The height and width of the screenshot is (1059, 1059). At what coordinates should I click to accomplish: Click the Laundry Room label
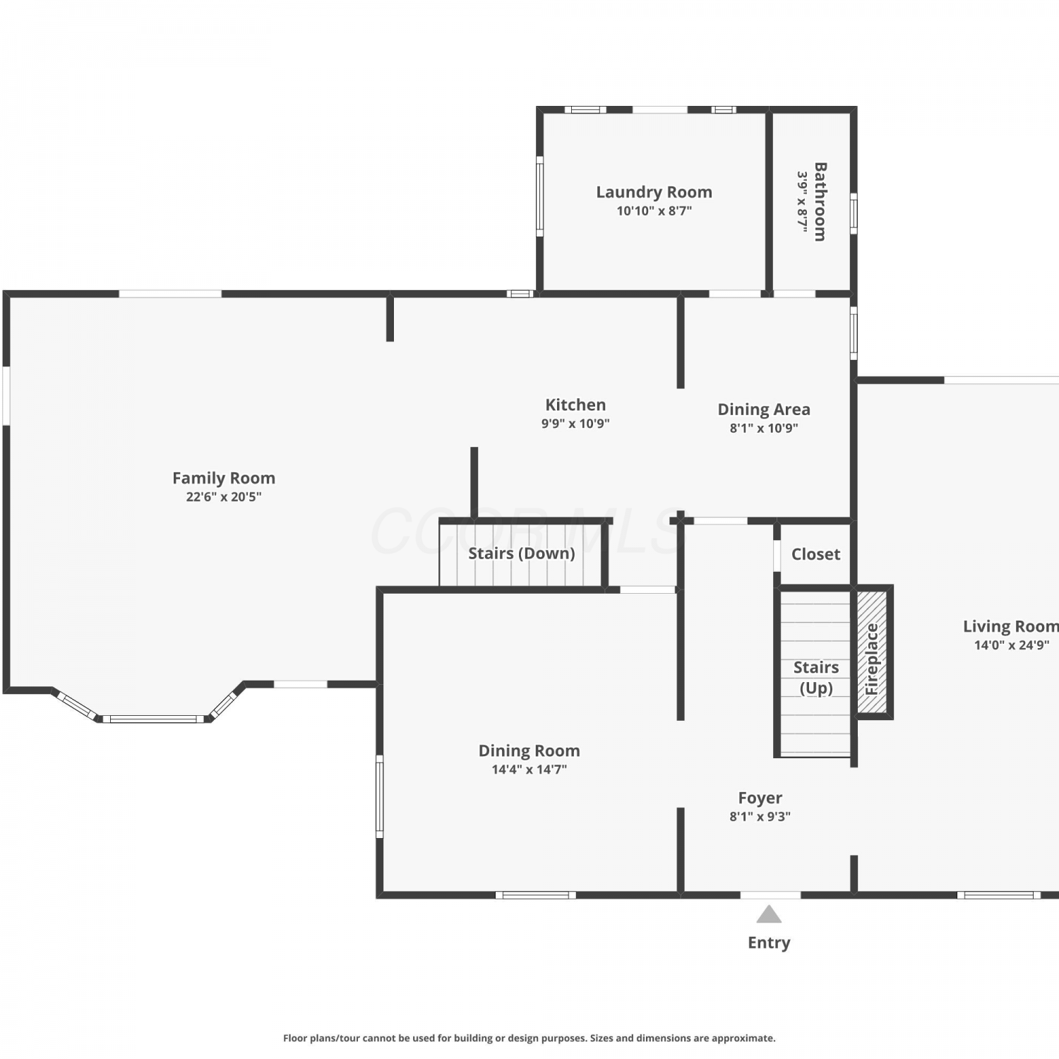coord(654,192)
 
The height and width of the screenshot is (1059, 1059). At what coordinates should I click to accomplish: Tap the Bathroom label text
coord(820,202)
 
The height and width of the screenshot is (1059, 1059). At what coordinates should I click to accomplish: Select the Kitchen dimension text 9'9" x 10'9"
coord(575,424)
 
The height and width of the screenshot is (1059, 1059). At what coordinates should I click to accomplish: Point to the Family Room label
coord(224,478)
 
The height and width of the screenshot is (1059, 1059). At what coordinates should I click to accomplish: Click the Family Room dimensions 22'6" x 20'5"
coord(224,497)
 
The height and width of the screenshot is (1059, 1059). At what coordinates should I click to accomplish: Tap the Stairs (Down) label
coord(522,554)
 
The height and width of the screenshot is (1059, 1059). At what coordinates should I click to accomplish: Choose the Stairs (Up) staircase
coord(815,673)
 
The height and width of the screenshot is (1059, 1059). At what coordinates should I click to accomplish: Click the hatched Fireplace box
coord(872,652)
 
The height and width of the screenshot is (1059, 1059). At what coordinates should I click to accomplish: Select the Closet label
coord(815,554)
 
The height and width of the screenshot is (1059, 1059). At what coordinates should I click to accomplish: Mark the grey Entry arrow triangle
coord(769,915)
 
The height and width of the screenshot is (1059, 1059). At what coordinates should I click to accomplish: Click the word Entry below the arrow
coord(769,943)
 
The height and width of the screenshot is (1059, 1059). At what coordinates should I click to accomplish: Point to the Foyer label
coord(760,798)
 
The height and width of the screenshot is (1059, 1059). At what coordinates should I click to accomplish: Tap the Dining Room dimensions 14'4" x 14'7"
coord(529,770)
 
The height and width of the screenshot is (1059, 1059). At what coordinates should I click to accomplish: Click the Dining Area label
coord(764,409)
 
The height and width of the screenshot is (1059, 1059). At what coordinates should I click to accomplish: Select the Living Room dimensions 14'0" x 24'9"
coord(1011,645)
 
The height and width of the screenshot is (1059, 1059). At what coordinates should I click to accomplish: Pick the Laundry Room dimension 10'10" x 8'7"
coord(654,210)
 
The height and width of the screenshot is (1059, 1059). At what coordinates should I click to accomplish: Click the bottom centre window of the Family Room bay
coord(153,719)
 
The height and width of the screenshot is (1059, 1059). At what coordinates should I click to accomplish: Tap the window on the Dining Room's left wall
coord(379,796)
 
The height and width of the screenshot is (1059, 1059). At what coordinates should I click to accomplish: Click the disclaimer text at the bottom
coord(529,1038)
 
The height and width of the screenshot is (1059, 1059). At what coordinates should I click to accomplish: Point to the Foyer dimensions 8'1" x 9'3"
coord(760,817)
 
